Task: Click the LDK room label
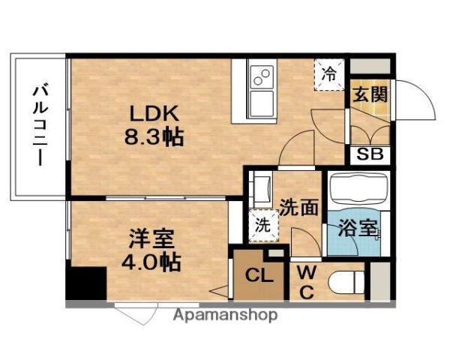[x=155, y=114]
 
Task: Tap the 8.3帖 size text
[x=155, y=137]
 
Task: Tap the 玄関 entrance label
[x=370, y=96]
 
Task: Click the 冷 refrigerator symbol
[x=329, y=73]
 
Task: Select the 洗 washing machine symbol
[x=262, y=223]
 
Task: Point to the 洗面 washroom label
[x=299, y=208]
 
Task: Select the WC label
[x=307, y=282]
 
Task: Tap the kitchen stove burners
[x=263, y=75]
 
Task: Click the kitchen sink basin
[x=263, y=103]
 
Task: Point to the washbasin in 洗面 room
[x=260, y=190]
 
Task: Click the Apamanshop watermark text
[x=225, y=315]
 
